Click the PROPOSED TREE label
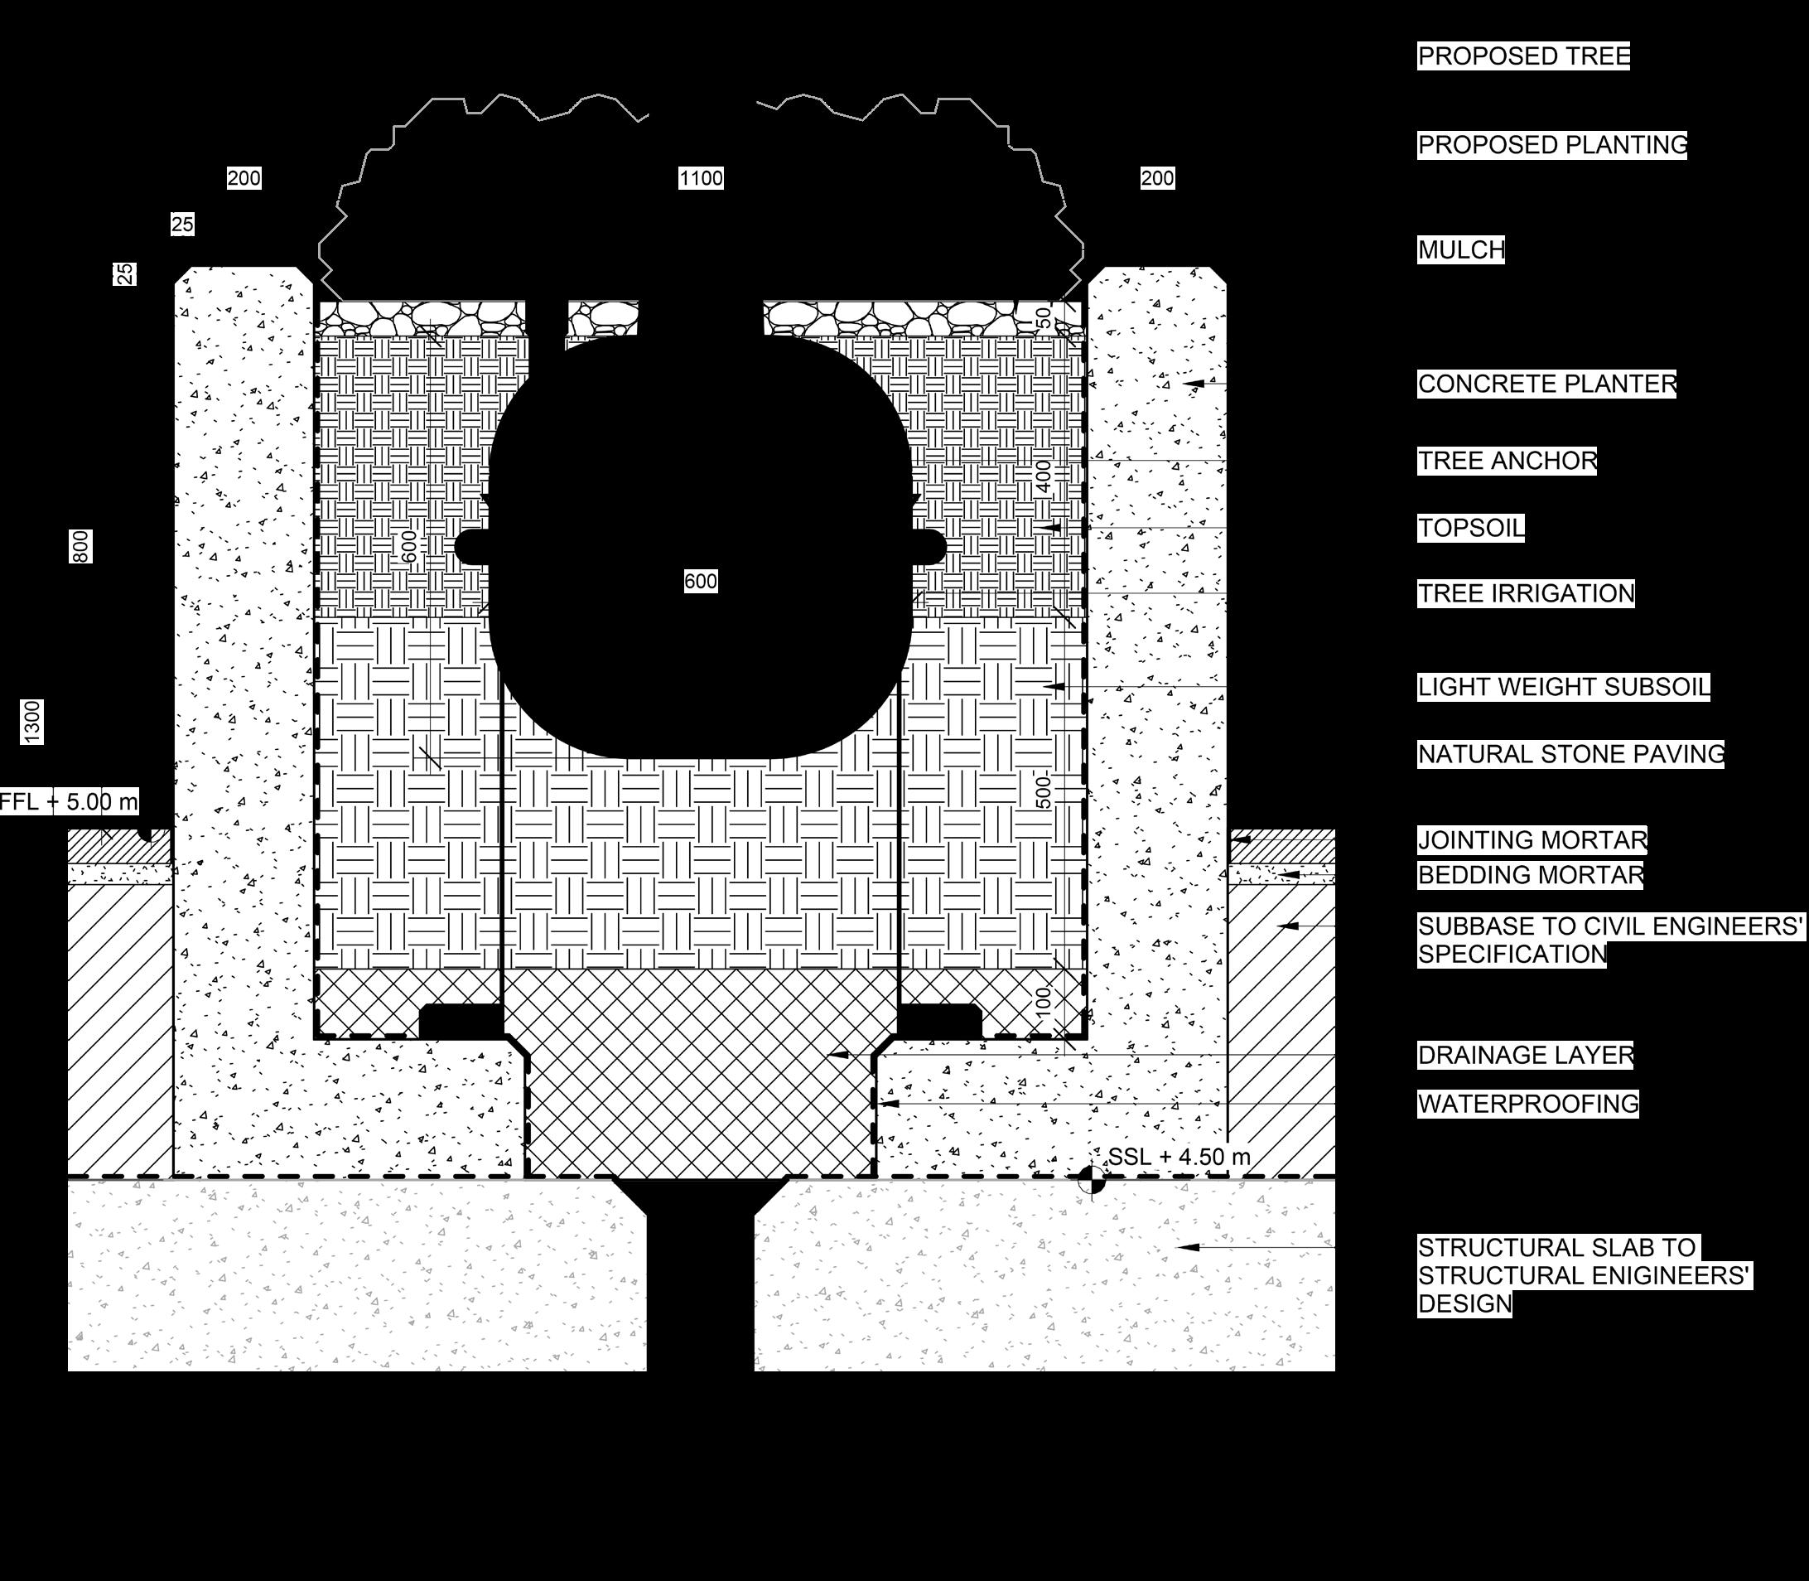point(1522,56)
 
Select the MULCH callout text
point(1460,250)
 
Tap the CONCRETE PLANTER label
point(1546,384)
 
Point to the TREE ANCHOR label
point(1507,462)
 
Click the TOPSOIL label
point(1470,529)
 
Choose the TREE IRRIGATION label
point(1525,594)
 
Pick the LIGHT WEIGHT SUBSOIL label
point(1563,687)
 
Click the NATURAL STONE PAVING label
point(1570,755)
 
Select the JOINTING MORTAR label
point(1532,840)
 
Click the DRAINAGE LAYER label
point(1525,1055)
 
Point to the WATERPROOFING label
point(1527,1104)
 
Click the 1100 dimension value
point(702,179)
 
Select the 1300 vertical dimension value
point(31,722)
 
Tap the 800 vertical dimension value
point(80,547)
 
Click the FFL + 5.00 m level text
point(69,802)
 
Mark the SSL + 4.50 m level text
point(1179,1157)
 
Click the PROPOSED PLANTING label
point(1551,146)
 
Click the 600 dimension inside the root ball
point(700,582)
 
